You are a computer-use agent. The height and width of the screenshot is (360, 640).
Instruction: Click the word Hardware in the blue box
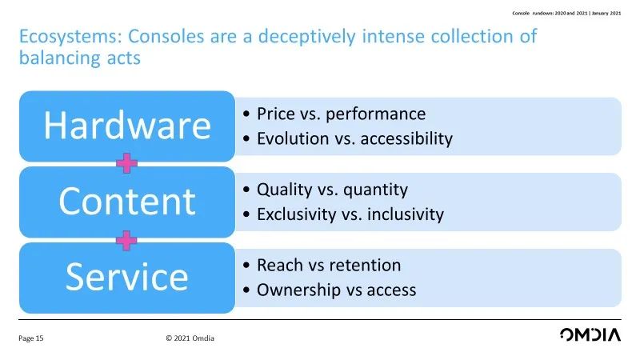click(127, 126)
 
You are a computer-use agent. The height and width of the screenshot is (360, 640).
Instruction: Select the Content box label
click(127, 201)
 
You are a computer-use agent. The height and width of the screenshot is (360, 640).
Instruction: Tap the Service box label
click(127, 277)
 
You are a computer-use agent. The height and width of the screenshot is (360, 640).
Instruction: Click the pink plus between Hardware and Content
click(126, 163)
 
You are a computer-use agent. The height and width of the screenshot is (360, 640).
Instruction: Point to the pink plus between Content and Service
click(126, 240)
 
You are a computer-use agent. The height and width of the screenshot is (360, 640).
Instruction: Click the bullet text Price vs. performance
click(342, 114)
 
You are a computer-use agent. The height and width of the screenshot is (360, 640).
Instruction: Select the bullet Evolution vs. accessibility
click(354, 138)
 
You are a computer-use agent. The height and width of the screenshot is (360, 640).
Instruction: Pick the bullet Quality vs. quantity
click(332, 190)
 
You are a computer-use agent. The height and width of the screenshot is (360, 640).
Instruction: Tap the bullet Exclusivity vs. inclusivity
click(350, 214)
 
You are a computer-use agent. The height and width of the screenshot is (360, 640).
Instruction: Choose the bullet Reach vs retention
click(329, 266)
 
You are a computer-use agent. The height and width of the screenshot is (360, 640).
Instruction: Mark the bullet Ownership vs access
click(336, 290)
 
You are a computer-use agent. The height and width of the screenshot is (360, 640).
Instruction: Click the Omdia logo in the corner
click(590, 334)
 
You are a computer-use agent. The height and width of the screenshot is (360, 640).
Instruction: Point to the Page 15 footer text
click(30, 338)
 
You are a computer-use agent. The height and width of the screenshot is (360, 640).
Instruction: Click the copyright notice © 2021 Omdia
click(190, 338)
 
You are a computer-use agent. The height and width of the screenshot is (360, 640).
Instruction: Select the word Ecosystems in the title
click(71, 37)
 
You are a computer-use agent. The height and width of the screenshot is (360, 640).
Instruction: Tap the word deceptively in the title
click(307, 37)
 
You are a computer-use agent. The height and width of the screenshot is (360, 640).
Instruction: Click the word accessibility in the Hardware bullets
click(406, 138)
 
